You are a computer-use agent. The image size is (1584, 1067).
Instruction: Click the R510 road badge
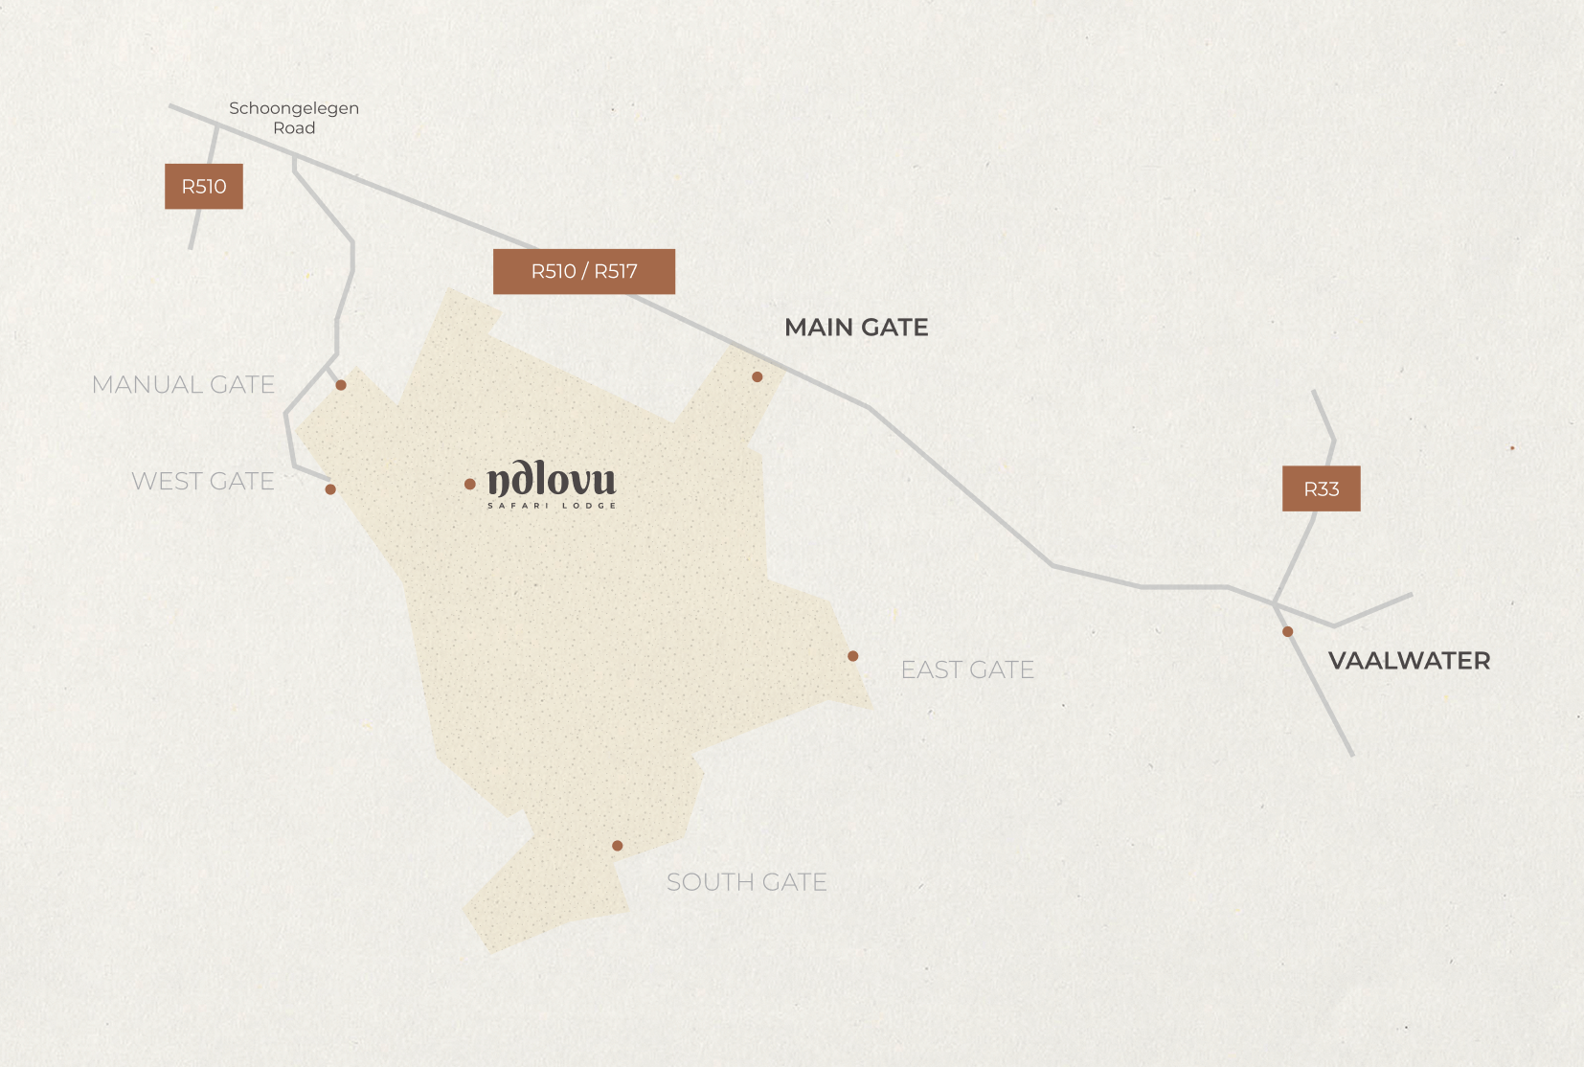(204, 186)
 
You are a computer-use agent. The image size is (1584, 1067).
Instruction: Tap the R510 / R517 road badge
(584, 271)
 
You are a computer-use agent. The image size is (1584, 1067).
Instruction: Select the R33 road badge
(1322, 488)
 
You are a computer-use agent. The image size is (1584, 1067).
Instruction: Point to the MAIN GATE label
(856, 328)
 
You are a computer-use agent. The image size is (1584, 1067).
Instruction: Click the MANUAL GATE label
(183, 385)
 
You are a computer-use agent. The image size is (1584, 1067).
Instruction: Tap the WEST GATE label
(203, 481)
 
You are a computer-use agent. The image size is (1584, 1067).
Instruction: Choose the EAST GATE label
(967, 670)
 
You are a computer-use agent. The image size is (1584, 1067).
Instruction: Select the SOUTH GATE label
(747, 882)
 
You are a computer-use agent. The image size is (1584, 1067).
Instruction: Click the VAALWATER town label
(1409, 661)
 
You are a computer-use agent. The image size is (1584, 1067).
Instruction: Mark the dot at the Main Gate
(758, 377)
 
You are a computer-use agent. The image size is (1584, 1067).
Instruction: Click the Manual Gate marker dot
(341, 385)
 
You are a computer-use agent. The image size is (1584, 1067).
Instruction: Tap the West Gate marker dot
(330, 489)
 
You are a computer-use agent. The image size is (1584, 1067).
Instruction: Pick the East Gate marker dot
(853, 656)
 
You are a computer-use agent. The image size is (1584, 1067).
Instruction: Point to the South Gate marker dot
(618, 846)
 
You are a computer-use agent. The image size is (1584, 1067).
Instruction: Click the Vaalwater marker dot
(1288, 632)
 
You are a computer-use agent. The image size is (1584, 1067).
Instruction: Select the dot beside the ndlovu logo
(470, 485)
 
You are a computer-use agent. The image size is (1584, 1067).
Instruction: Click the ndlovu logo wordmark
(552, 479)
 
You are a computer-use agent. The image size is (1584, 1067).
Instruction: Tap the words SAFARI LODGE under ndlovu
(552, 506)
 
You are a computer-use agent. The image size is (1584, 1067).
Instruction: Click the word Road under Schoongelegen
(294, 128)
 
